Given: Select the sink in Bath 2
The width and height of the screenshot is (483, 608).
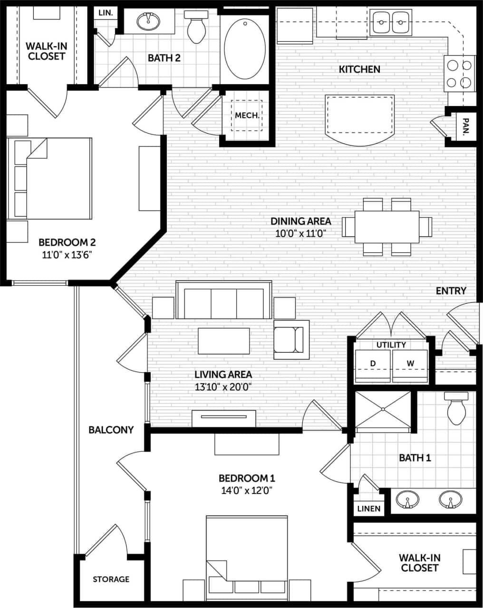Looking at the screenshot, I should coord(148,21).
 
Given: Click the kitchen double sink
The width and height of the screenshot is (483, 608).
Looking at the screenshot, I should coord(392,22).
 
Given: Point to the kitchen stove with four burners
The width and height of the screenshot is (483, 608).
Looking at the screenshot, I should coord(460,73).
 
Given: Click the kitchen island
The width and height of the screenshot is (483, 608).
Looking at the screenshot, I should coord(359,119).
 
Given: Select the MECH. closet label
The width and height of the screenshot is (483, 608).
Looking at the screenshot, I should coord(247,116).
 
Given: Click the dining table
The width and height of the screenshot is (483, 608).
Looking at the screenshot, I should coord(387,227).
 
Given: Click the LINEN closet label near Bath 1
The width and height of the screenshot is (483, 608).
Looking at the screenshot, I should coord(369,508).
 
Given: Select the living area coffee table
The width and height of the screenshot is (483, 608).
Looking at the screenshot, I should coord(223,340).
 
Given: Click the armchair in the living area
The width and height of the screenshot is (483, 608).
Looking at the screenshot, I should coord(290,339).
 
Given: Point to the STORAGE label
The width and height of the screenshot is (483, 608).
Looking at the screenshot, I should coord(111,579).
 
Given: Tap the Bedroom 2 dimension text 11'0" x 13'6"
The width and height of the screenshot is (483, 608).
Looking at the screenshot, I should coord(67,255).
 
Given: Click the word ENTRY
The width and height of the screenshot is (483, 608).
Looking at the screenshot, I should coord(451,290).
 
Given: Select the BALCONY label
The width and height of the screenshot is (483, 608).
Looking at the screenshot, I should coord(111,430).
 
